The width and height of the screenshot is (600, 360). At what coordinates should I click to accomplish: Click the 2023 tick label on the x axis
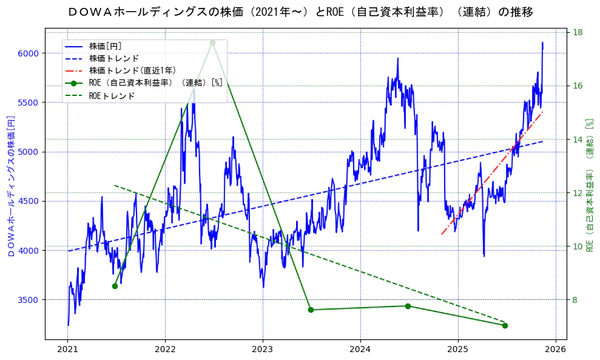pos(263,350)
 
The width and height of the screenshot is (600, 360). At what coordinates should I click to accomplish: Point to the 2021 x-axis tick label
pos(68,350)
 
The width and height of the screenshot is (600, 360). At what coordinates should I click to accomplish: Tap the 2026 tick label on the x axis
pos(555,350)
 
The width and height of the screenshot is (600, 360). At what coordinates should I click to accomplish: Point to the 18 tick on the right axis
pos(578,32)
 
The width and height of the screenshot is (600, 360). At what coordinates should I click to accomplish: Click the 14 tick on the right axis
pos(578,140)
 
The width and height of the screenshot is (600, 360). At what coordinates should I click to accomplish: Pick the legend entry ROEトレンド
pos(112,95)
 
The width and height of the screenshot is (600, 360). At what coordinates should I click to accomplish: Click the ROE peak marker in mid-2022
pos(212,42)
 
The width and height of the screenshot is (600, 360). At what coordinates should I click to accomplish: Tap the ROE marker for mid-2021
pos(115,286)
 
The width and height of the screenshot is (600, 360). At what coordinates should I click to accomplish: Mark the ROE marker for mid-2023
pos(311,310)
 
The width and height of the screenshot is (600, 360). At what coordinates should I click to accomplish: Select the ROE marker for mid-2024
pos(408,306)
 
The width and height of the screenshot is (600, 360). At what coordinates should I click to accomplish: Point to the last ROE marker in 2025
pos(505,325)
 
